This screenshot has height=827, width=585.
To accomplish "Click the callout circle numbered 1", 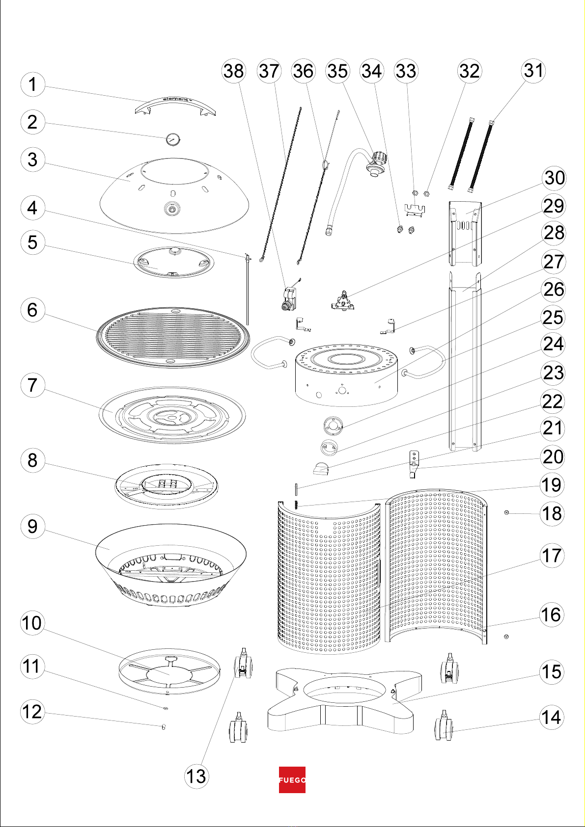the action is [x=32, y=84].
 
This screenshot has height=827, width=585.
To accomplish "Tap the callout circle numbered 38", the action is [x=233, y=71].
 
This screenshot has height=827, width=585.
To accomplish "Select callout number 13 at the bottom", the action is [x=196, y=776].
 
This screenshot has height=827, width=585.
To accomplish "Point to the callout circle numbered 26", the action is [x=553, y=289].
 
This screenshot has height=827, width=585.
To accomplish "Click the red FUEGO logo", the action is [x=292, y=780].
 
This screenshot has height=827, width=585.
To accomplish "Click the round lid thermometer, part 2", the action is [x=172, y=139].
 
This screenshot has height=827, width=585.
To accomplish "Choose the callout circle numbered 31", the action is [x=533, y=71].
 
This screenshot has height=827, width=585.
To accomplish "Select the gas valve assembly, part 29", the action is [x=344, y=300].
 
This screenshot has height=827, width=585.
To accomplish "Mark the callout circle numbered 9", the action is [x=32, y=526].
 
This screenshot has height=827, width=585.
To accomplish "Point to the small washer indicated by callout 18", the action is [x=506, y=512].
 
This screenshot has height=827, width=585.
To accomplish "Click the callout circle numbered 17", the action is [x=552, y=555].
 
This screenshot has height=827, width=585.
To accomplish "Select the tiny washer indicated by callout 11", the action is [x=166, y=708].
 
